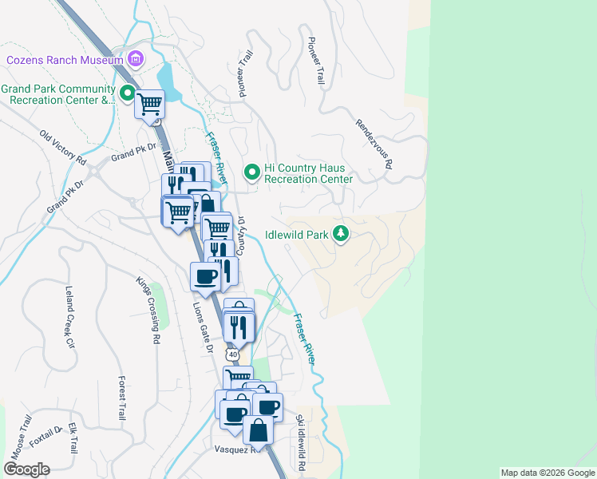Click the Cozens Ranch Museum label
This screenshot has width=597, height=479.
(x=64, y=60)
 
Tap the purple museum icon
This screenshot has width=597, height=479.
(x=136, y=59)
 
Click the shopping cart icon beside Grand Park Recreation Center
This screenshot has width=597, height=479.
(x=150, y=104)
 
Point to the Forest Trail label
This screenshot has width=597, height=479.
(x=121, y=398)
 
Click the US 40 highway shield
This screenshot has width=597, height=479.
(x=231, y=353)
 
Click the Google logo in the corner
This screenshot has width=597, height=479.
(x=26, y=469)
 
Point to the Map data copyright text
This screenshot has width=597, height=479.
(x=548, y=473)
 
